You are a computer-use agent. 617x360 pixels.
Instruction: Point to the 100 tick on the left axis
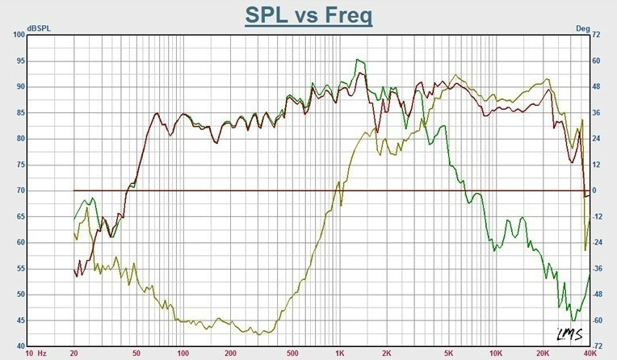click(x=18, y=35)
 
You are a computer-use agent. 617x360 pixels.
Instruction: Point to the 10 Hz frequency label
click(x=36, y=354)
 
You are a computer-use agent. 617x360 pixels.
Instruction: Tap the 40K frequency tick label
click(x=590, y=354)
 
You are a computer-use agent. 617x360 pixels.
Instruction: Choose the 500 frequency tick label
click(x=293, y=354)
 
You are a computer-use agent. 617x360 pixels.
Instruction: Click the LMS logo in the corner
click(x=570, y=334)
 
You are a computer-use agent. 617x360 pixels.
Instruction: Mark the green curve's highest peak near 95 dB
click(x=358, y=60)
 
